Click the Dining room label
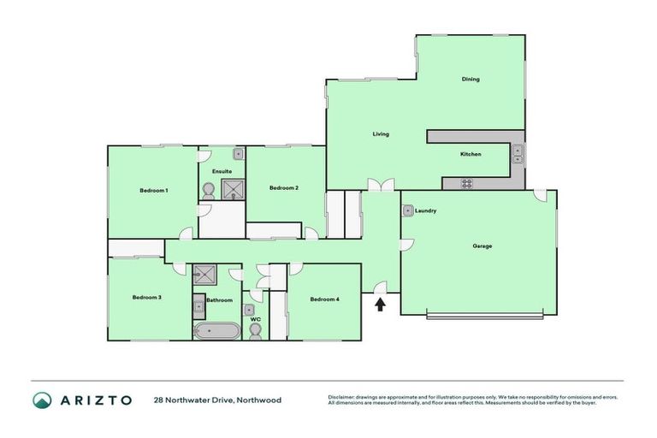(471, 80)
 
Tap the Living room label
(381, 134)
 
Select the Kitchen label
(471, 154)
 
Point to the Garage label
(482, 246)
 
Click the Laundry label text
(426, 210)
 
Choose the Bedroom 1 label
(154, 190)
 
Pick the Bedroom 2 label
(284, 188)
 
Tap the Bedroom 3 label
(147, 298)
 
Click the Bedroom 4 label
(325, 299)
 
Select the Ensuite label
(222, 172)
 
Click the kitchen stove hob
(467, 182)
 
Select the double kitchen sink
(518, 154)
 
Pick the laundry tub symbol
(409, 210)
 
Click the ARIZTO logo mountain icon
(43, 400)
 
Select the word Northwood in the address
(258, 400)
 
